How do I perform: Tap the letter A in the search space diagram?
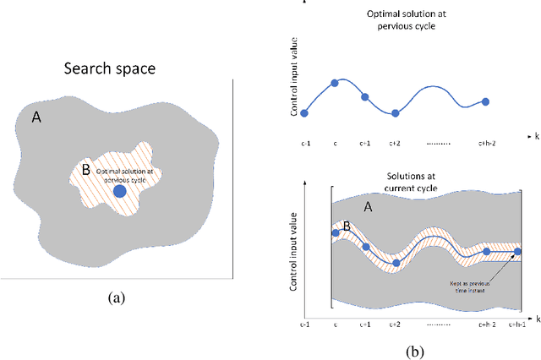pos(36,118)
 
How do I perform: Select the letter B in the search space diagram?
pos(85,169)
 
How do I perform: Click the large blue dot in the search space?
pos(120,192)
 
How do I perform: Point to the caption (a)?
pos(116,297)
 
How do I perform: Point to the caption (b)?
pos(414,351)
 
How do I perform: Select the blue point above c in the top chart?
pos(335,83)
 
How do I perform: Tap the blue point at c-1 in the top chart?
pos(304,112)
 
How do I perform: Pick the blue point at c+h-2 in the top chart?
pos(485,101)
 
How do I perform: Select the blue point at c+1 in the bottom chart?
pos(365,247)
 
